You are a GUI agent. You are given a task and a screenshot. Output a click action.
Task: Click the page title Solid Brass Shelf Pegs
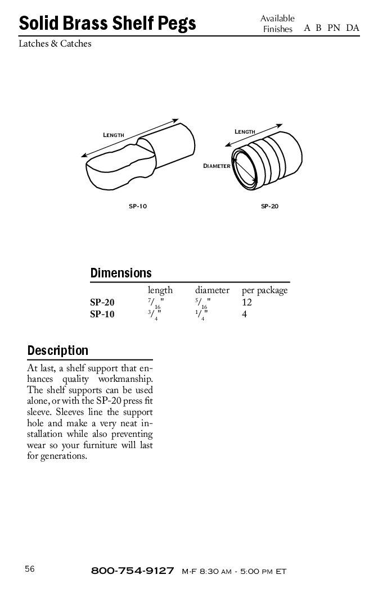(x=107, y=23)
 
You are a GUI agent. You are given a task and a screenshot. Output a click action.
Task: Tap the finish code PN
(x=334, y=28)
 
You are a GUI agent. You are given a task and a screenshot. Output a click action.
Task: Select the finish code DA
(x=353, y=28)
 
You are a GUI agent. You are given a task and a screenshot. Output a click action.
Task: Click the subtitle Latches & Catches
(x=55, y=43)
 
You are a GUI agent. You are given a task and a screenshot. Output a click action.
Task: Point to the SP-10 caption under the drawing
(x=138, y=207)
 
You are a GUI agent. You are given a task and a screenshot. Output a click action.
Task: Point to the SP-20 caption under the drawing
(x=269, y=207)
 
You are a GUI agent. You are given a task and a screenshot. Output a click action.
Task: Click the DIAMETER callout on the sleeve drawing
(x=217, y=166)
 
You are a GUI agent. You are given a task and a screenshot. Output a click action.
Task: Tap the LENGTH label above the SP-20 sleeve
(x=245, y=131)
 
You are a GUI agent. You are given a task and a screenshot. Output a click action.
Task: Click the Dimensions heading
(x=121, y=273)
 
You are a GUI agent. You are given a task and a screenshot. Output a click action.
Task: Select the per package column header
(x=264, y=290)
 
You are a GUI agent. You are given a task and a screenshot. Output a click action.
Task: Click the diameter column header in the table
(x=212, y=290)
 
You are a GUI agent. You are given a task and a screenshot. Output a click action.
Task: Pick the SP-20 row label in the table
(x=102, y=303)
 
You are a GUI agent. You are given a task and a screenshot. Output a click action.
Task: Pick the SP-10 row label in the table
(x=102, y=314)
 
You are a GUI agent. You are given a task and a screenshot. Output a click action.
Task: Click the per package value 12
(x=246, y=303)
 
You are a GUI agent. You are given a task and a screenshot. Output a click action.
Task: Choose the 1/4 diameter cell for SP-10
(x=200, y=316)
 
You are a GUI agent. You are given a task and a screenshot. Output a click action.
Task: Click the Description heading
(x=58, y=351)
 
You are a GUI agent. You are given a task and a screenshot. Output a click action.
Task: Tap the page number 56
(x=30, y=569)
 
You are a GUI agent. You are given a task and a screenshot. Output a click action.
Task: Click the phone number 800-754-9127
(x=132, y=571)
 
